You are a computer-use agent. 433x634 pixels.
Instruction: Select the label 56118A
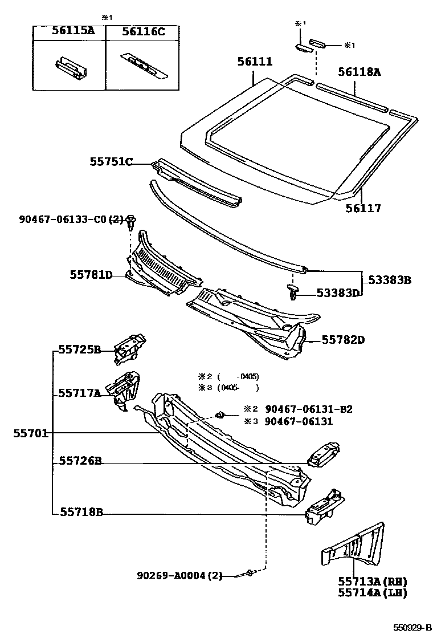359,72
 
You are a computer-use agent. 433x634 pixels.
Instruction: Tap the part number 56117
363,208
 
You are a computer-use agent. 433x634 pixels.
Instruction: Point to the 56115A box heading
72,32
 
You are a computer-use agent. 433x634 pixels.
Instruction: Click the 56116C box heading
142,32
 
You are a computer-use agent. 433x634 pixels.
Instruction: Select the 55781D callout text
91,275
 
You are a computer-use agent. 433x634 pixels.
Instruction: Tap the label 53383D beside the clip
340,294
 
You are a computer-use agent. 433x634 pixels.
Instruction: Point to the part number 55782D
343,340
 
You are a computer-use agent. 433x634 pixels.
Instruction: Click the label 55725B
80,349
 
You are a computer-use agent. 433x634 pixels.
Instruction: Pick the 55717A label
80,393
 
